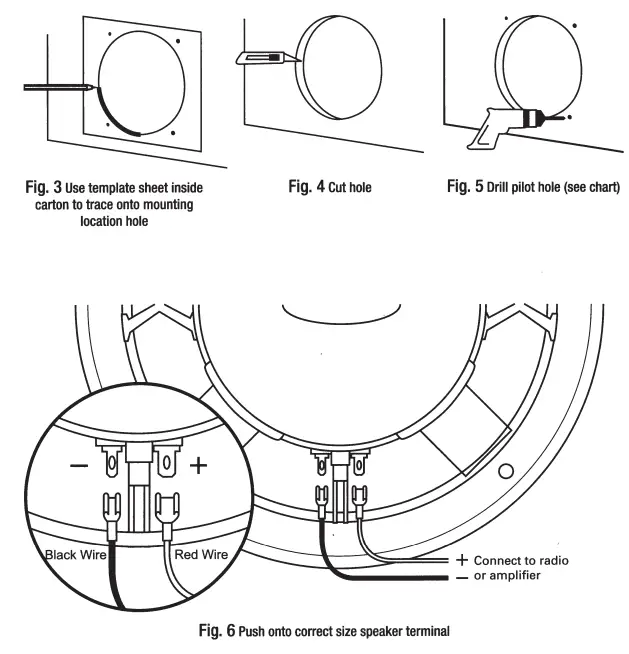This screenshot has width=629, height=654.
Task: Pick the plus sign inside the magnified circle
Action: [198, 466]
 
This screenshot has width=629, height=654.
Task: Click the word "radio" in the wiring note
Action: [549, 560]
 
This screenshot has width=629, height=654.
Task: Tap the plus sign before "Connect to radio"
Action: [462, 560]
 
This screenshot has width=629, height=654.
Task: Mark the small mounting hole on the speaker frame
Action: [507, 469]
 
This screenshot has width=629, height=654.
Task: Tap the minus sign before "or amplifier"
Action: [462, 577]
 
